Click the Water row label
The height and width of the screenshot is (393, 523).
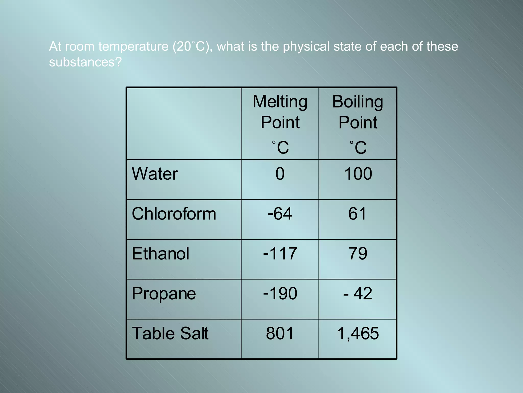click(155, 174)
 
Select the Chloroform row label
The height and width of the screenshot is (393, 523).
click(174, 214)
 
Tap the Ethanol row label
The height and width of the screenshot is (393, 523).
click(160, 254)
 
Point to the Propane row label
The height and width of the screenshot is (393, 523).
click(164, 294)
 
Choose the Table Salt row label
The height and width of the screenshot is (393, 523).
click(170, 334)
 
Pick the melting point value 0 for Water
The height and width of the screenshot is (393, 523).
click(280, 174)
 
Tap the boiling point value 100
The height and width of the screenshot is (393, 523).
click(358, 174)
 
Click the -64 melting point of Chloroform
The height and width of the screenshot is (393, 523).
click(280, 214)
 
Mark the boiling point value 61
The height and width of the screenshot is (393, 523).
click(358, 214)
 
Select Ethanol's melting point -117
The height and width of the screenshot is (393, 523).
click(280, 254)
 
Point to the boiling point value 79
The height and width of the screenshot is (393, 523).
click(358, 254)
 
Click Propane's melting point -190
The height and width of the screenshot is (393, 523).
click(280, 294)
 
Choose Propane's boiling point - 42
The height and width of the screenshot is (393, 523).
click(358, 294)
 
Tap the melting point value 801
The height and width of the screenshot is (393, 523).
click(280, 334)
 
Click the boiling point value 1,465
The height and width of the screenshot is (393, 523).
click(358, 334)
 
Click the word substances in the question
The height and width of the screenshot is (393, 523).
click(82, 62)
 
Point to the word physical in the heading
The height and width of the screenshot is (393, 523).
click(306, 47)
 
